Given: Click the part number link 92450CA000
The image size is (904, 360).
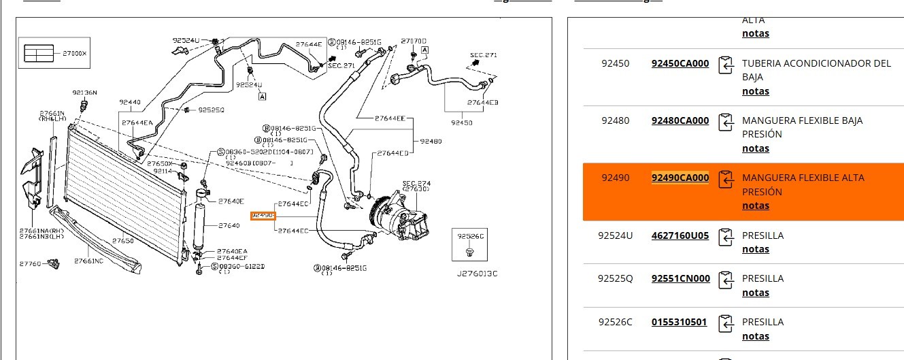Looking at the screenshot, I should click(x=680, y=63).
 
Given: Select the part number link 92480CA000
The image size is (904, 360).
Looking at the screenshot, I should click(x=680, y=120).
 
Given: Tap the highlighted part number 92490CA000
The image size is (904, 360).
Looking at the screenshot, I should click(x=680, y=178).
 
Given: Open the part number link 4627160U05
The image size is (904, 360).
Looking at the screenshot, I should click(x=680, y=235).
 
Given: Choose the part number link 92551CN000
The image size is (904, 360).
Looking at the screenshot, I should click(x=680, y=278).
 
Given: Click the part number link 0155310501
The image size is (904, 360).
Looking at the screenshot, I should click(x=679, y=322).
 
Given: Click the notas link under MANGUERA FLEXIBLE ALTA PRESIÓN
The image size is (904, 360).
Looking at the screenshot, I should click(x=755, y=206).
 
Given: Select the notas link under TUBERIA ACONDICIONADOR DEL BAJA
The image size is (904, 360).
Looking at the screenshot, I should click(x=755, y=91).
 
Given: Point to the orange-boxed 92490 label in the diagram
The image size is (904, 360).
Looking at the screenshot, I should click(x=262, y=216).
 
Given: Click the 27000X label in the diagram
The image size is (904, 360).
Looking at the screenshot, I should click(x=74, y=53).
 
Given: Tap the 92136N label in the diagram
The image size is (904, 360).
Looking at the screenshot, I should click(x=85, y=93).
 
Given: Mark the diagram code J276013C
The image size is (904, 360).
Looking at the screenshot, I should click(x=477, y=274).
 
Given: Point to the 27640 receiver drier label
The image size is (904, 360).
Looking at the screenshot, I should click(x=229, y=225).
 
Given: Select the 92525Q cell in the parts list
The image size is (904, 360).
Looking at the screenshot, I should click(x=615, y=278).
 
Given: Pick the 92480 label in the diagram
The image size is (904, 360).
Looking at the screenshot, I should click(x=431, y=142).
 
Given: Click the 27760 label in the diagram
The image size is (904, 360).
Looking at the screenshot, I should click(x=30, y=263).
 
